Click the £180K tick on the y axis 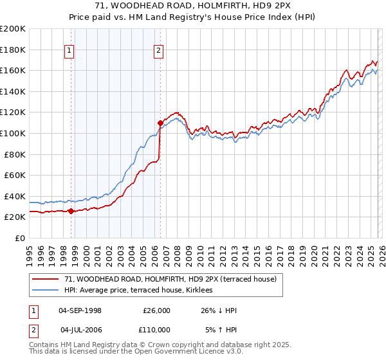pos(13,50)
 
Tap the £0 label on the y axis pos(21,238)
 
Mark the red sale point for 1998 pos(71,211)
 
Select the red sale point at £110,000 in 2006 pos(160,122)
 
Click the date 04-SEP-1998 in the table pos(80,310)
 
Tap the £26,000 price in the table pos(156,310)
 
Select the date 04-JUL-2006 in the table pos(80,329)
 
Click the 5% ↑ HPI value pos(221,329)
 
